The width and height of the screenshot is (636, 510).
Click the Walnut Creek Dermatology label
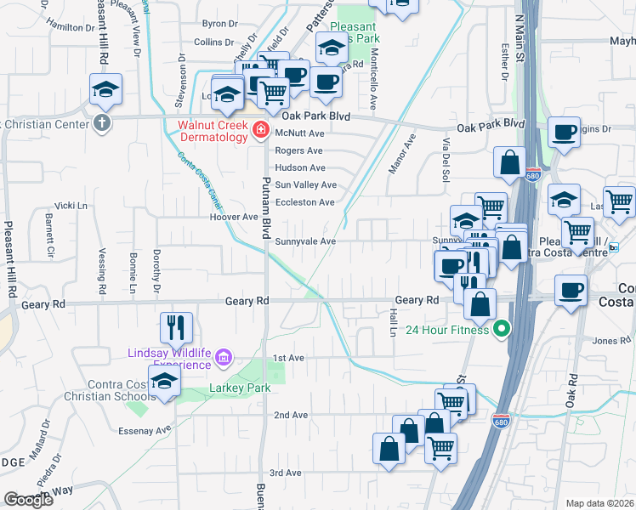(210, 130)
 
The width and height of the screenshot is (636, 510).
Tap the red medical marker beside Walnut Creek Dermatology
(261, 131)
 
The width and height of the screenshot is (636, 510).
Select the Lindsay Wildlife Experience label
(168, 358)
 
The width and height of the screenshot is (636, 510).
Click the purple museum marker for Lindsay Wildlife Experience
(224, 358)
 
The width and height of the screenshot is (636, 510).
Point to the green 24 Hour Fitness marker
(503, 329)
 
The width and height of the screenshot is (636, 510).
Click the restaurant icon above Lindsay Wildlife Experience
(176, 326)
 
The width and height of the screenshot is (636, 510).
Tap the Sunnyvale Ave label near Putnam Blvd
(305, 241)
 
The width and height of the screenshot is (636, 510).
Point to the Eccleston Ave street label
(305, 202)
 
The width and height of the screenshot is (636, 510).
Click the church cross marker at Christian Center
(102, 122)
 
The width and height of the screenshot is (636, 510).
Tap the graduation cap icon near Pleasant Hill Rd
(105, 88)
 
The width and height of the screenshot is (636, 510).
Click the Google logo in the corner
(28, 500)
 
